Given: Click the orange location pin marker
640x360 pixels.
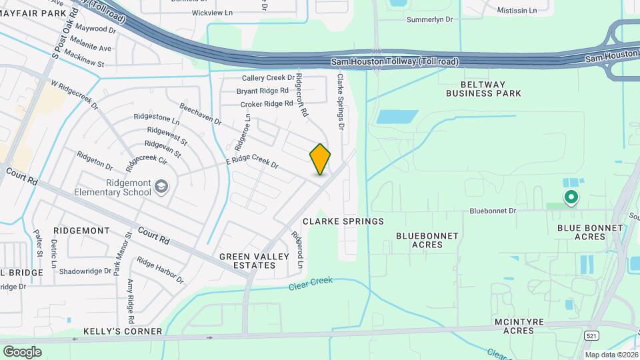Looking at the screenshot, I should (x=320, y=159).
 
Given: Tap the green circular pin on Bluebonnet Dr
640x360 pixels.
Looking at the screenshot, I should (x=571, y=197).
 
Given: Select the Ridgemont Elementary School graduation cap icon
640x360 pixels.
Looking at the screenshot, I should (x=161, y=186).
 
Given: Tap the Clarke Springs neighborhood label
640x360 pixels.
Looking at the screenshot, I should (x=343, y=221).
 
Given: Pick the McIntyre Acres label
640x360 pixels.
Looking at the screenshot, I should (x=519, y=327).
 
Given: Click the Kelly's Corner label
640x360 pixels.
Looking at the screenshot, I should (x=123, y=331).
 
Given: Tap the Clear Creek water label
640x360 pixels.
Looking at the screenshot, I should (x=311, y=285).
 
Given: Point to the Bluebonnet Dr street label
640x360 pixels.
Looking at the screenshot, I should (x=493, y=211).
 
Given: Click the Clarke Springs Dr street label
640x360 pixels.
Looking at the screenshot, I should (x=341, y=101).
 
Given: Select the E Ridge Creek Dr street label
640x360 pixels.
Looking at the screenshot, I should (x=251, y=161).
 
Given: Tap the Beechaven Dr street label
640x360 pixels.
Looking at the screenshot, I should (x=200, y=113).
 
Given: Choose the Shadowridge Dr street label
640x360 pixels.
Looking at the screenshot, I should (x=85, y=271).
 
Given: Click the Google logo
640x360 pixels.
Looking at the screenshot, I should (x=22, y=351).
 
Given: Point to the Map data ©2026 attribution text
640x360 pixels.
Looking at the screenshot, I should (x=610, y=355).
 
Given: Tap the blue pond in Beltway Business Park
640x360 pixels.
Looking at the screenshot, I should (x=398, y=117).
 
